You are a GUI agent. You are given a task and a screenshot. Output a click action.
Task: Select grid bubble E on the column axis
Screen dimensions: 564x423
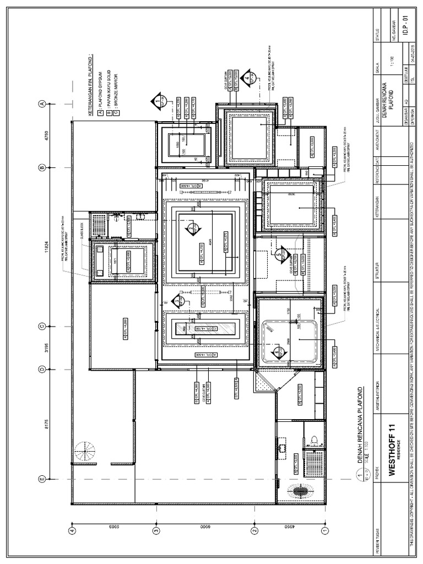point(41,479)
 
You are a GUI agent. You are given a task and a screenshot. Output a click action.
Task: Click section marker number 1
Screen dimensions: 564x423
point(158,101)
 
